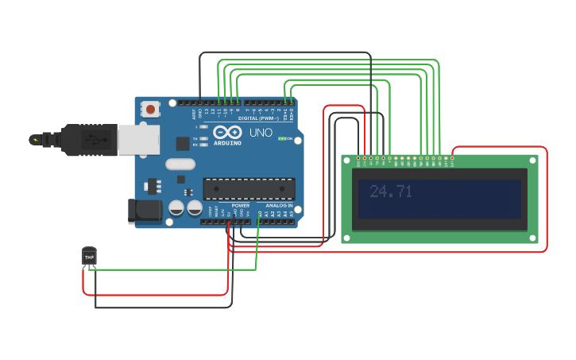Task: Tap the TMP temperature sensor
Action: point(89,257)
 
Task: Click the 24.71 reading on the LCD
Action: point(391,192)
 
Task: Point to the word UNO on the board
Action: point(261,133)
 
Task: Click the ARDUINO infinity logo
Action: point(226,133)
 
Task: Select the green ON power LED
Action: point(282,138)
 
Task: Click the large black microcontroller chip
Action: point(249,188)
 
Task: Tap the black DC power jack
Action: point(145,211)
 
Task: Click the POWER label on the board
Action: point(240,205)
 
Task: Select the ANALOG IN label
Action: point(278,205)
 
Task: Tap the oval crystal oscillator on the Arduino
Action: point(180,165)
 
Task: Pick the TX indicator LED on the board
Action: point(204,138)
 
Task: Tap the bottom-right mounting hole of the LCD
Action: point(533,237)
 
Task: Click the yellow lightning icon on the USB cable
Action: point(35,140)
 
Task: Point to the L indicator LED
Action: point(204,126)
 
